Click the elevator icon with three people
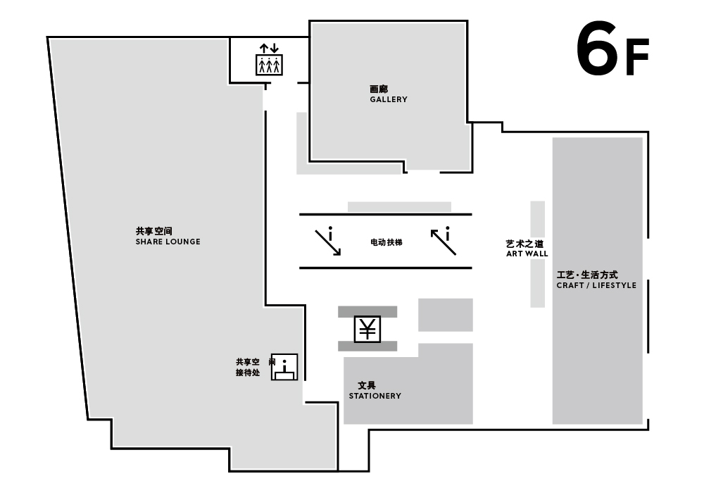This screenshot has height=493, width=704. (x=269, y=60)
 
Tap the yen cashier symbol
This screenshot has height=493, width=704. (x=367, y=329)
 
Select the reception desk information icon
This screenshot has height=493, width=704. (x=284, y=367)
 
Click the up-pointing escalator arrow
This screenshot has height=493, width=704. (x=443, y=242)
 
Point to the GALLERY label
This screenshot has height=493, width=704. (x=389, y=99)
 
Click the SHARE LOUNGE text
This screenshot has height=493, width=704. (x=168, y=242)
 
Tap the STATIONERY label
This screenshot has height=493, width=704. (x=375, y=396)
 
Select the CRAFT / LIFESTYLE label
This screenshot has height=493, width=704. (x=596, y=285)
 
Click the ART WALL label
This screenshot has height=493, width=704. (x=527, y=254)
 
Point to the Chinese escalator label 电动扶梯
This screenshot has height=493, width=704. (x=386, y=242)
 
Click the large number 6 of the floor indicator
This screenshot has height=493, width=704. (x=597, y=49)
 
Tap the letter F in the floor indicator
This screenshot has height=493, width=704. (x=637, y=57)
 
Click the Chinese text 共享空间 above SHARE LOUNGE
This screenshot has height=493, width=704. (x=154, y=231)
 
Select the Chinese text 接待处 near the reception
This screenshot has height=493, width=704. (x=248, y=373)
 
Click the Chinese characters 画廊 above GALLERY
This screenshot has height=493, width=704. (x=379, y=89)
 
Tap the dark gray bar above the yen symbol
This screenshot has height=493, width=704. (x=367, y=311)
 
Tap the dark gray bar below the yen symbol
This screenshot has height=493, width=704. (x=367, y=346)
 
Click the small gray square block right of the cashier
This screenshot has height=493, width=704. (x=446, y=315)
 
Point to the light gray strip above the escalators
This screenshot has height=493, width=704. (x=399, y=207)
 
